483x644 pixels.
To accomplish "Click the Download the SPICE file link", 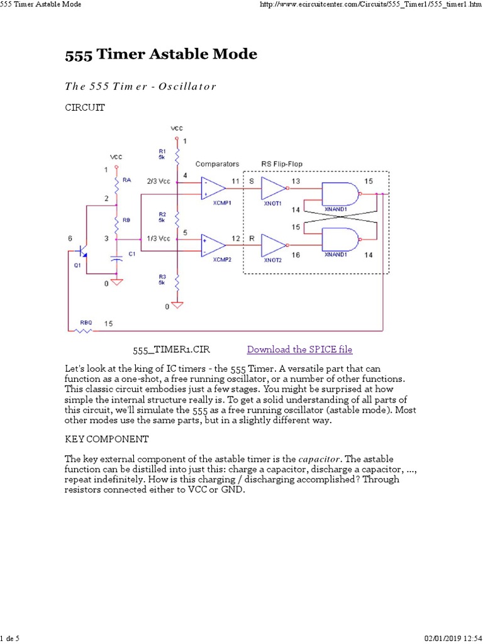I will pyautogui.click(x=299, y=350).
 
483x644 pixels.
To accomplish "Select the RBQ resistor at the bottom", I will pyautogui.click(x=84, y=329).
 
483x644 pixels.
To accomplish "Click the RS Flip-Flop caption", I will pyautogui.click(x=281, y=164).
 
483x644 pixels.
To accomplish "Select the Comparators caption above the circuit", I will pyautogui.click(x=217, y=164).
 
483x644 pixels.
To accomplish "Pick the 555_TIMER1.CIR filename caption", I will pyautogui.click(x=166, y=350).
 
